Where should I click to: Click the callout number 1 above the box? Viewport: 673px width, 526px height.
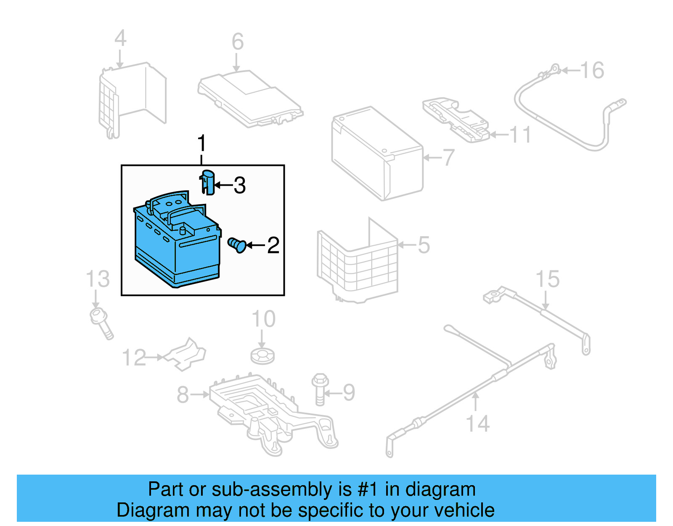click(x=202, y=144)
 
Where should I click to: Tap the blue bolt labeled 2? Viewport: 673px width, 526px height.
click(x=237, y=245)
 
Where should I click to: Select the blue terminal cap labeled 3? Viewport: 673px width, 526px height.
click(x=208, y=182)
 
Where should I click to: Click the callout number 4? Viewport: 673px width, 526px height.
click(x=120, y=38)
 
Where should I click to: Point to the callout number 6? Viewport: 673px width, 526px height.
click(x=238, y=42)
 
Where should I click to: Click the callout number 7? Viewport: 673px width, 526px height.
click(x=449, y=158)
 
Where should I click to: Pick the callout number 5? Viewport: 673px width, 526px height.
click(x=424, y=245)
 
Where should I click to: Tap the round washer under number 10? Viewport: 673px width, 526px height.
click(x=262, y=356)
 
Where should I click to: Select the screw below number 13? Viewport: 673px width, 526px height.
click(x=101, y=323)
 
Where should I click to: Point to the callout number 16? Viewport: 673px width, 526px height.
click(x=592, y=70)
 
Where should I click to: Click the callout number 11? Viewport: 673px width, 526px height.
click(x=520, y=135)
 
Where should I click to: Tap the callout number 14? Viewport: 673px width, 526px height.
click(x=478, y=424)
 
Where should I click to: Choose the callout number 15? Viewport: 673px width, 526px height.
click(x=548, y=279)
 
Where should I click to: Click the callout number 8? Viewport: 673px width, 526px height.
click(x=183, y=395)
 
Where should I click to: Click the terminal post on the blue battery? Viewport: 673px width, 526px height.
click(x=183, y=230)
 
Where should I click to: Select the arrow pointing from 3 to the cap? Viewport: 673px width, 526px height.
click(x=223, y=185)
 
